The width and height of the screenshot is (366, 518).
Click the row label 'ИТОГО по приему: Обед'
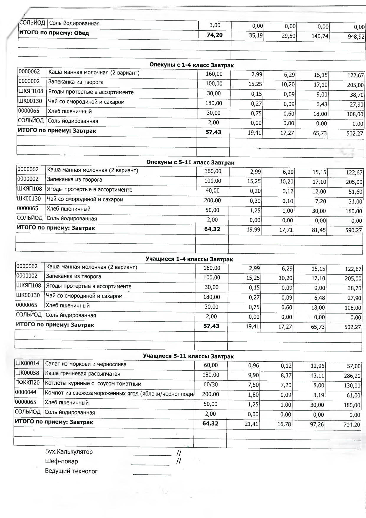tap(54, 33)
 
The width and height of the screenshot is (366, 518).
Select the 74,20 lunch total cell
tap(215, 35)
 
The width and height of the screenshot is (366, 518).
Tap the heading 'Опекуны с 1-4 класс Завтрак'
tap(192, 65)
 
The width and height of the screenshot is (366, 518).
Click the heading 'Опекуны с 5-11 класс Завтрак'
tap(190, 162)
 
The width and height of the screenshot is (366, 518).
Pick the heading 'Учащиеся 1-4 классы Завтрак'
tap(189, 259)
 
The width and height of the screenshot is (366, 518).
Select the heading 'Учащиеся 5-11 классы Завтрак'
tap(188, 356)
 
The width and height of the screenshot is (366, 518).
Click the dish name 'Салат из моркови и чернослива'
tap(86, 364)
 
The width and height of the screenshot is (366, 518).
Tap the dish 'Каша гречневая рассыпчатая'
tap(83, 374)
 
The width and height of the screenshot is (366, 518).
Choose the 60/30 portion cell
tap(210, 385)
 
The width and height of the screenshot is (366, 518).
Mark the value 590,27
tap(354, 230)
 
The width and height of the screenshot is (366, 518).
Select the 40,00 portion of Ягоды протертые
tap(213, 190)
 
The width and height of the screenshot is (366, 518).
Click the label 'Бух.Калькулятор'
tap(69, 452)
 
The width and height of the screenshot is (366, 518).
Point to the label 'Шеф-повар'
tap(61, 461)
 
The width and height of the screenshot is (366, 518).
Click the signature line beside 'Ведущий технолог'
tap(152, 474)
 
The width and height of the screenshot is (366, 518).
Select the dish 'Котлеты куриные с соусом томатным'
tap(93, 384)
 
